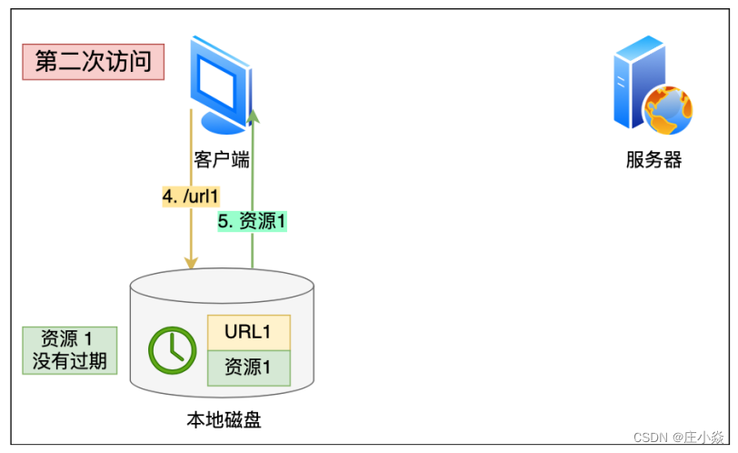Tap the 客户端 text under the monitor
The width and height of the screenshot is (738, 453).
click(x=222, y=160)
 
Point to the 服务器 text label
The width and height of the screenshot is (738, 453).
click(x=653, y=161)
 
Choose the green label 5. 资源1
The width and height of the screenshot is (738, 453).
click(x=253, y=220)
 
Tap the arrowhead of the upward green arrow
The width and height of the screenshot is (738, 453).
click(x=254, y=115)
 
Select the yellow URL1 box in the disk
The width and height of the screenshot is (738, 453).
click(x=248, y=332)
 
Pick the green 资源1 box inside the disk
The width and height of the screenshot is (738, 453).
click(x=248, y=367)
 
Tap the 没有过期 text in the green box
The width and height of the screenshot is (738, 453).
click(x=70, y=361)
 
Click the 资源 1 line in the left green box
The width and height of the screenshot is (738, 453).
click(x=70, y=338)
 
